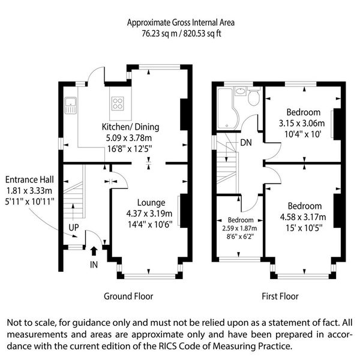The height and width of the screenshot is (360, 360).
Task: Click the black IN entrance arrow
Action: point(94,251)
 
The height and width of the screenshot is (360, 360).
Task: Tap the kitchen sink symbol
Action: point(70,106)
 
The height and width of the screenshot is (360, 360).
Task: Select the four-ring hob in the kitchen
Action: point(118,104)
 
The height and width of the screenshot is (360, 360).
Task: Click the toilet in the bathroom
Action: point(254,97)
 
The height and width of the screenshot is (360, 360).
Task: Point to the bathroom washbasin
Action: point(241,91)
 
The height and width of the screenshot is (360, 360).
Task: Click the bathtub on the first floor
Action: point(228,108)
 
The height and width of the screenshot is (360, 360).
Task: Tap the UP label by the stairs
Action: point(74,227)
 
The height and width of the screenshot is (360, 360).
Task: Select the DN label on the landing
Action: point(246,143)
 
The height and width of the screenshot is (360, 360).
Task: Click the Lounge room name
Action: point(151,203)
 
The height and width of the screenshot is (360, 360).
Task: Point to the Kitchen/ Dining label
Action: point(130,127)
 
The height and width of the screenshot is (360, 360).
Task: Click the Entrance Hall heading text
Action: point(29,179)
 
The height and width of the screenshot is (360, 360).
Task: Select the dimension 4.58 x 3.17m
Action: point(303,217)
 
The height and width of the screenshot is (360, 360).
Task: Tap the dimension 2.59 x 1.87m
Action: point(239,229)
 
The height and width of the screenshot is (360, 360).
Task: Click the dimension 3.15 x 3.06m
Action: point(302,123)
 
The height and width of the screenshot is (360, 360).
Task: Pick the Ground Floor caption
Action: point(128,296)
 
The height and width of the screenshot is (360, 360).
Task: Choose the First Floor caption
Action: point(280,296)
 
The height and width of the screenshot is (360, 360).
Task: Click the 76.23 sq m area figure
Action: point(160,34)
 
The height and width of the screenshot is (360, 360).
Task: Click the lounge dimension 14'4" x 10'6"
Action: point(150,224)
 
